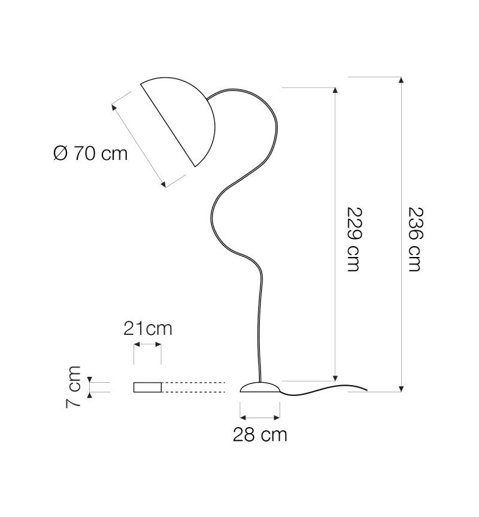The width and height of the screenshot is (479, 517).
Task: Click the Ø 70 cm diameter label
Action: [90, 153]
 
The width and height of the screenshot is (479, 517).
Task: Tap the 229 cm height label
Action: [355, 239]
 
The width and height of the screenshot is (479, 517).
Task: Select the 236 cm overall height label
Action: [415, 239]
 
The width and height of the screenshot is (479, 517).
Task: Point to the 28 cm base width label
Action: [260, 434]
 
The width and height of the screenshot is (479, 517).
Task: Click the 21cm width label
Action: [148, 329]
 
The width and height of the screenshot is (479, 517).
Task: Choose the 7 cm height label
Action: [73, 387]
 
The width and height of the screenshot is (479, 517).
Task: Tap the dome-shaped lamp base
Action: [260, 387]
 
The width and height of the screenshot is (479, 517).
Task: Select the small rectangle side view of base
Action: [147, 387]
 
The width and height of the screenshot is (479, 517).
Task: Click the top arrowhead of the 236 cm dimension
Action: [401, 80]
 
